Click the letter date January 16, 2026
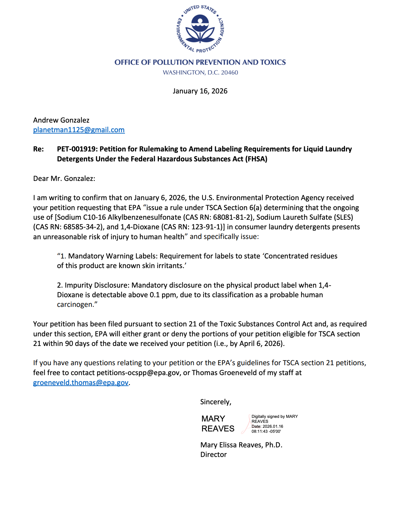coord(200,91)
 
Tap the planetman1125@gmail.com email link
coord(79,130)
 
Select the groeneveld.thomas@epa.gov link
coord(81,383)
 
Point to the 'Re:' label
coord(38,149)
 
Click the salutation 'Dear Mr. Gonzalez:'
coord(64,179)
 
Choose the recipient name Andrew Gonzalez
coord(61,120)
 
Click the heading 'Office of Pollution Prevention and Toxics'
coord(200,62)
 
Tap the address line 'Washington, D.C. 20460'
coord(200,73)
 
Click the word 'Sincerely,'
coord(216,402)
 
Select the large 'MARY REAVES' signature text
coord(218,424)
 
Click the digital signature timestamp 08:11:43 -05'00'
coord(266,431)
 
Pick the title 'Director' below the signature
coord(213,455)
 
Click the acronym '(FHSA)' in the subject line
coord(256,159)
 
